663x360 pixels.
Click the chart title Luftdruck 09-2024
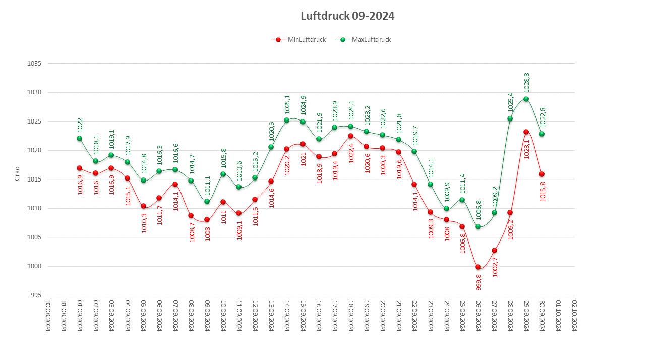click(347, 16)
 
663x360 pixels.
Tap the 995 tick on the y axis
click(36, 295)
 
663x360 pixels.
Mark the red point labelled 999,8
click(478, 267)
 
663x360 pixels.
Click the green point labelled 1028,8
click(526, 99)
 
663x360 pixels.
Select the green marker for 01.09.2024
click(79, 138)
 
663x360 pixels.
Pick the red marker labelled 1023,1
click(526, 132)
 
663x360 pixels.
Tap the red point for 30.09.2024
click(541, 174)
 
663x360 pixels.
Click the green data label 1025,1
click(287, 104)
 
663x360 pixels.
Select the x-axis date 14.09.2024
click(287, 315)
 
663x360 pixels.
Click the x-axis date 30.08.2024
click(48, 315)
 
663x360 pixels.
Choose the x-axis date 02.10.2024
click(574, 315)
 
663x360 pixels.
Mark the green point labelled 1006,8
click(478, 226)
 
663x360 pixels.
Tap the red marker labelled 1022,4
click(350, 136)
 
